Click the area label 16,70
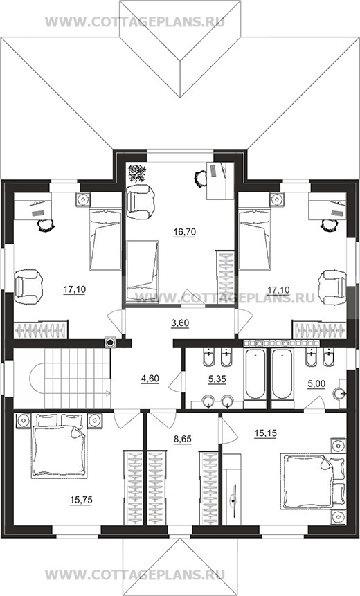[x=184, y=231]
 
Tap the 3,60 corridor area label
[x=179, y=323]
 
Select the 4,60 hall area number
[x=150, y=379]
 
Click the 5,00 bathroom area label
[x=316, y=384]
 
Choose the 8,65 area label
[x=183, y=439]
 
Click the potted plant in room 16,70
[x=137, y=173]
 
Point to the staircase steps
[x=77, y=378]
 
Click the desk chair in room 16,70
[x=200, y=177]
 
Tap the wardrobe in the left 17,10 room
[x=41, y=330]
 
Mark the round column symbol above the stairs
[x=110, y=343]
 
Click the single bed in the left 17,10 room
[x=105, y=240]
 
